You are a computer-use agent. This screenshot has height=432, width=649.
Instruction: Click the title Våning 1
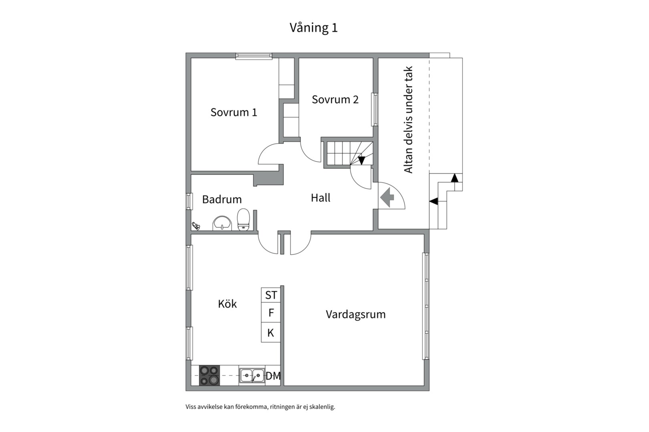[314, 28]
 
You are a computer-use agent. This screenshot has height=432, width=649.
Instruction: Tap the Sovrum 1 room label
[234, 112]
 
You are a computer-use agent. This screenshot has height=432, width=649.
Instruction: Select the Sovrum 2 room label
[335, 100]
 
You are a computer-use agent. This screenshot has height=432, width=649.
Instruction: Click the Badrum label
[222, 199]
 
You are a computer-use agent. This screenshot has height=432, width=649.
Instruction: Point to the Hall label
[320, 198]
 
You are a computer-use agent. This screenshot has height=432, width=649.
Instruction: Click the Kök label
[227, 304]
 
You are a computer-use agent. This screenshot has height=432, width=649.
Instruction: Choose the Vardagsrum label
[355, 314]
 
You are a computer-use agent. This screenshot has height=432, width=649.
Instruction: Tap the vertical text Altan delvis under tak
[408, 120]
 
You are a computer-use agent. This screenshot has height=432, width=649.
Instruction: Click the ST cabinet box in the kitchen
[271, 295]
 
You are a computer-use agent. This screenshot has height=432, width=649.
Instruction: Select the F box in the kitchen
[271, 313]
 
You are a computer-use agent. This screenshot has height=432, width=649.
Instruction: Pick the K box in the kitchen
[271, 333]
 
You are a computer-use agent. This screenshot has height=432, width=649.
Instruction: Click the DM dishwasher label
[273, 376]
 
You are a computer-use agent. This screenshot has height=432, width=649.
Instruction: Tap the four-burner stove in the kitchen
[210, 376]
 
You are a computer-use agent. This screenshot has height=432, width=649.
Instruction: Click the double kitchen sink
[252, 376]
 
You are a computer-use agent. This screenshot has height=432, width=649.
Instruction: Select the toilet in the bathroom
[243, 220]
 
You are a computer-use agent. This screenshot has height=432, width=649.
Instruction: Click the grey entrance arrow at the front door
[387, 197]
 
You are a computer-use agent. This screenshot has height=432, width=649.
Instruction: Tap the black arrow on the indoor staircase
[361, 160]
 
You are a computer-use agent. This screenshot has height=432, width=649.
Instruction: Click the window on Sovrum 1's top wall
[254, 56]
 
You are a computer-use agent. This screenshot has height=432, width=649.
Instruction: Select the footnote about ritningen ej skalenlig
[260, 407]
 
